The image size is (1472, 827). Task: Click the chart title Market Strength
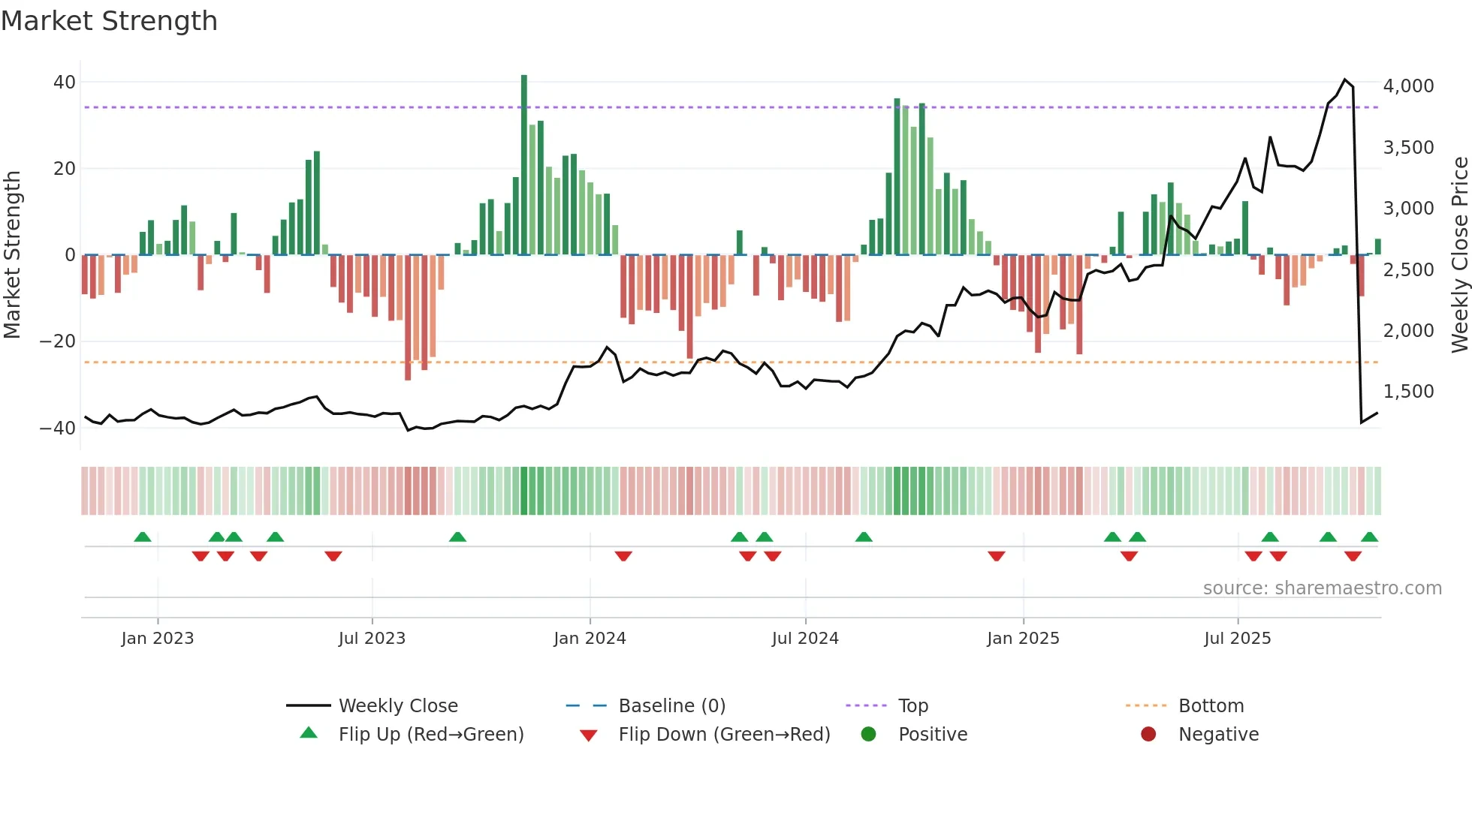tap(109, 21)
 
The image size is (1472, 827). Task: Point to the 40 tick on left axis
tap(65, 83)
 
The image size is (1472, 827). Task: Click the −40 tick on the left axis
tap(58, 429)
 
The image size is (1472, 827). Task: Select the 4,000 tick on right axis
tap(1408, 86)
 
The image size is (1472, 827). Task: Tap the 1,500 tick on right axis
tap(1408, 392)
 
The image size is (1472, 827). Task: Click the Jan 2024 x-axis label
tap(590, 639)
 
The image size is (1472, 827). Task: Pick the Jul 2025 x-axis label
tap(1237, 639)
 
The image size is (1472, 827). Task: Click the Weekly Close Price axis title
tap(1459, 255)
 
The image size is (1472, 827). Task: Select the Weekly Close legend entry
tap(397, 706)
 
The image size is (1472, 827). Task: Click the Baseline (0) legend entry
tap(671, 706)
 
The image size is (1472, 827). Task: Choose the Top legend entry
tap(912, 706)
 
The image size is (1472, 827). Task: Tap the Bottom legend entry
tap(1211, 706)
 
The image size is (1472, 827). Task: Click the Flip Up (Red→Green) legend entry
tap(430, 735)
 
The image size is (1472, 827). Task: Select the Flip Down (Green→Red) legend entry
tap(724, 735)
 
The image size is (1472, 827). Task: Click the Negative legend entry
tap(1218, 735)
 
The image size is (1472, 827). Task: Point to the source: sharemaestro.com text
tap(1322, 588)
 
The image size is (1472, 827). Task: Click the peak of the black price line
tap(1345, 80)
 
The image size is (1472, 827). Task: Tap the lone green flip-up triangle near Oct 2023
tap(457, 537)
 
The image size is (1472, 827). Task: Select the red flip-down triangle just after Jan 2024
tap(623, 556)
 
